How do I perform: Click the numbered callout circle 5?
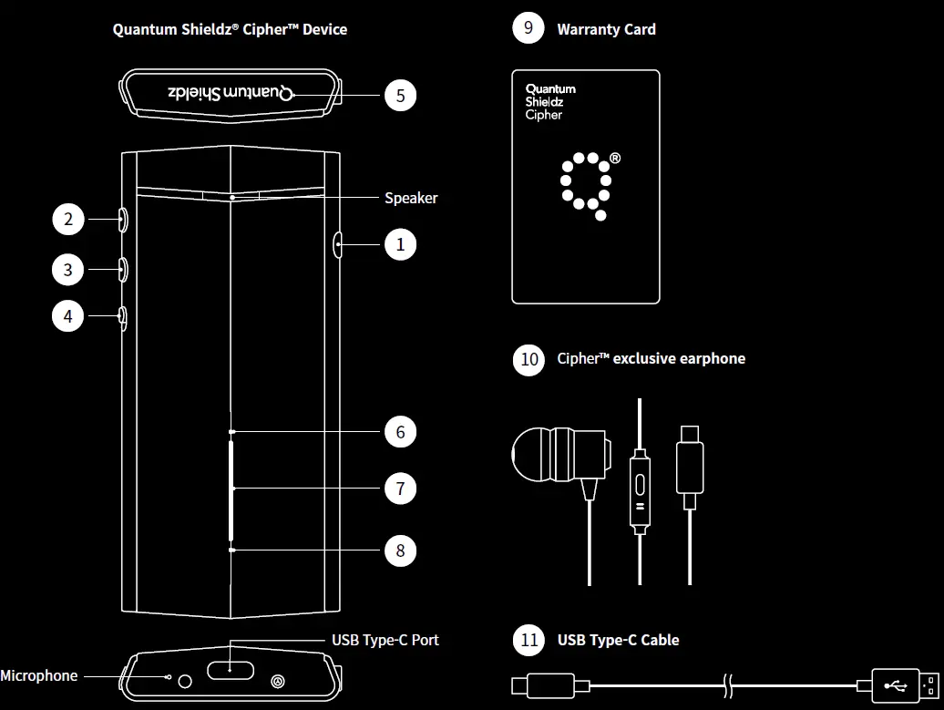(400, 95)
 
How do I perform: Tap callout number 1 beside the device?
(400, 244)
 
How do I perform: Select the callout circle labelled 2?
(68, 219)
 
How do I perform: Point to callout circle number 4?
(68, 316)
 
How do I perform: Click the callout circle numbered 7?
(400, 489)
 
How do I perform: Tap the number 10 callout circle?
(529, 358)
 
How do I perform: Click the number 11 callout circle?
(529, 640)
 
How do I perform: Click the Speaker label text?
(411, 198)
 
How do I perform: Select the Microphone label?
(38, 675)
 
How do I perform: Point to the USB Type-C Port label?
(385, 640)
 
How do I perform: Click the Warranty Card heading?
(606, 29)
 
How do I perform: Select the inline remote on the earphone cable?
(640, 489)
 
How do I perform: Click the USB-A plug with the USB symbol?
(901, 684)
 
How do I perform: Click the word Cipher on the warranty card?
(544, 115)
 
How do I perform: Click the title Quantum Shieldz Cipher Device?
(230, 29)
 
